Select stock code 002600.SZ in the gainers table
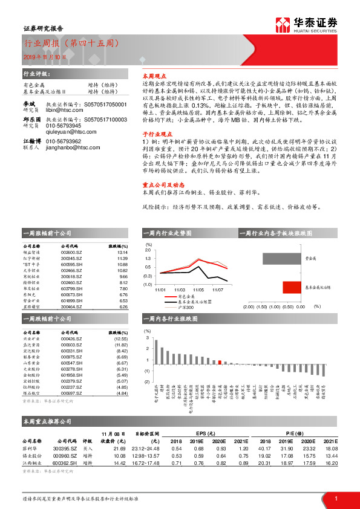pyautogui.click(x=71, y=253)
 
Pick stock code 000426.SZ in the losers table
pyautogui.click(x=71, y=340)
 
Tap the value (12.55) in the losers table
pyautogui.click(x=122, y=340)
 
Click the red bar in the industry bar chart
pyautogui.click(x=220, y=362)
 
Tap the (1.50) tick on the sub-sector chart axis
pyautogui.click(x=261, y=307)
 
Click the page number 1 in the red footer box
pyautogui.click(x=335, y=498)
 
